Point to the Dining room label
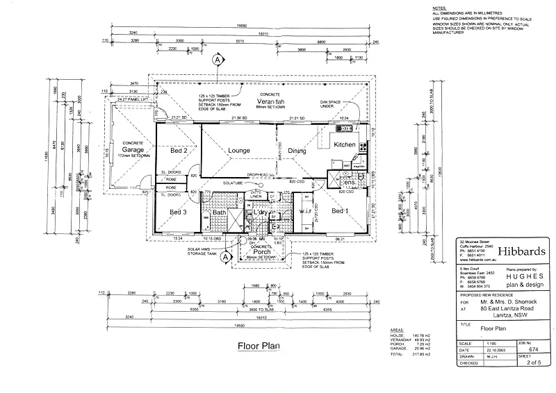[297, 150]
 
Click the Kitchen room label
[345, 144]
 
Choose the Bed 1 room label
[340, 210]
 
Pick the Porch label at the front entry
[262, 251]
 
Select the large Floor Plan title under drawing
[258, 345]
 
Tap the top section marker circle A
[218, 60]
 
